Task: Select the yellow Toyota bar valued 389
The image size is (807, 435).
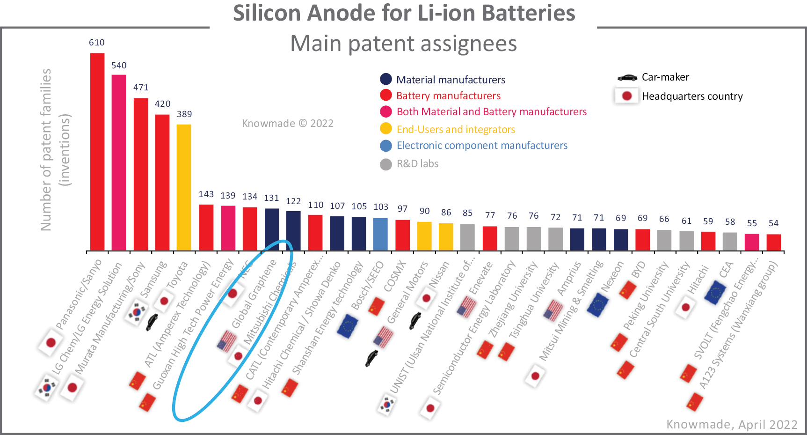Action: (184, 187)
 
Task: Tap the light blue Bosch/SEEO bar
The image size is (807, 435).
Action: (380, 234)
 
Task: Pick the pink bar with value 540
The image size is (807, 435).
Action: (119, 162)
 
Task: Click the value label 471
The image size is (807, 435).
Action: (141, 88)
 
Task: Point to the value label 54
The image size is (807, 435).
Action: (774, 223)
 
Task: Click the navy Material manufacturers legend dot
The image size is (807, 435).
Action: (386, 79)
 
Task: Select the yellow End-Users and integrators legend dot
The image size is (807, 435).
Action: (386, 129)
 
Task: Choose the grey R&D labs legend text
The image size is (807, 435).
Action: (417, 164)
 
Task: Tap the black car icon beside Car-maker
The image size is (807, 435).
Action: (627, 77)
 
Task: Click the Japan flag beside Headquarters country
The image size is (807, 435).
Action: (627, 96)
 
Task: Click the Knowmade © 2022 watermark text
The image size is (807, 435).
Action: (288, 124)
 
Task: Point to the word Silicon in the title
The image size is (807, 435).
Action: (267, 13)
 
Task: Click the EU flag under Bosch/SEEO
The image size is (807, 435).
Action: (348, 326)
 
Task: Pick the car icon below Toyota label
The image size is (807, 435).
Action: (152, 322)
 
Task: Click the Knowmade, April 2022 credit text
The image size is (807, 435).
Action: (732, 424)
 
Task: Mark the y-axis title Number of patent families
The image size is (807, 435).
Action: (45, 150)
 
